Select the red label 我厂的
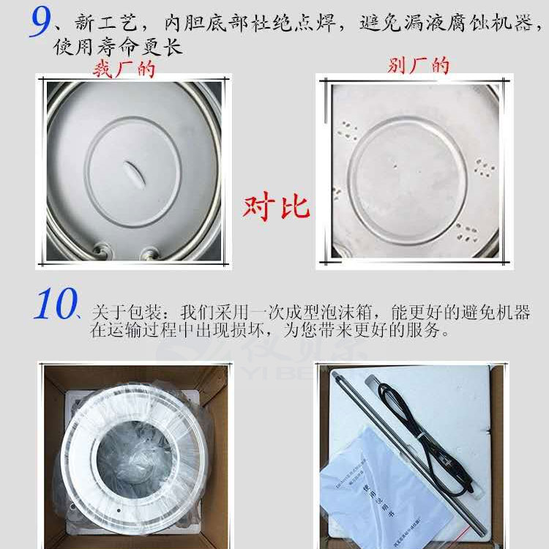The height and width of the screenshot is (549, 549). point(124,69)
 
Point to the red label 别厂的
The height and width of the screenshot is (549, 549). point(419,66)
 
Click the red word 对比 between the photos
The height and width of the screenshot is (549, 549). point(276,207)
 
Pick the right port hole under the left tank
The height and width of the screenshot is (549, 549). point(151,253)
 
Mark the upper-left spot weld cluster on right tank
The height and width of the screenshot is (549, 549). point(348,132)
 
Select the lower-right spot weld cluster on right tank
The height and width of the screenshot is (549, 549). point(466,233)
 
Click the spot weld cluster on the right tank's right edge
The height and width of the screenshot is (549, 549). point(484,168)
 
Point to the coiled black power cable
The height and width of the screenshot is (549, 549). point(438,439)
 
